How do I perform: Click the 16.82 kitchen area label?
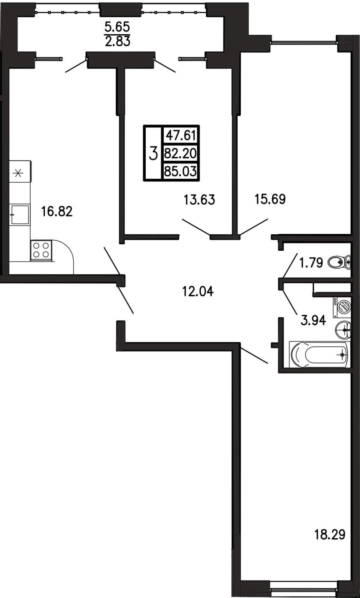pyautogui.click(x=57, y=212)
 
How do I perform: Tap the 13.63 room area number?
pyautogui.click(x=199, y=200)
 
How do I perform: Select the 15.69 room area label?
pyautogui.click(x=270, y=199)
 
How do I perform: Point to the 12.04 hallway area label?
pyautogui.click(x=198, y=291)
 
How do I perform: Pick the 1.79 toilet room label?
pyautogui.click(x=311, y=263)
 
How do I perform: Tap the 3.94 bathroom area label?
pyautogui.click(x=313, y=320)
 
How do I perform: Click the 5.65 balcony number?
pyautogui.click(x=117, y=27)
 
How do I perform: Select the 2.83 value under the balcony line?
pyautogui.click(x=118, y=42)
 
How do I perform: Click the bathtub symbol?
pyautogui.click(x=319, y=354)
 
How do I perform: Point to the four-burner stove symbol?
pyautogui.click(x=41, y=250)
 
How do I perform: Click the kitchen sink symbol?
pyautogui.click(x=19, y=215)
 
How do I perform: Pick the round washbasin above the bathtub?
pyautogui.click(x=342, y=330)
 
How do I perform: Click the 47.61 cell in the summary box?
pyautogui.click(x=181, y=136)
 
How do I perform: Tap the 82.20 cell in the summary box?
pyautogui.click(x=180, y=153)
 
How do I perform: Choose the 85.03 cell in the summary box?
pyautogui.click(x=180, y=171)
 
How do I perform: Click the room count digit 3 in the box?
pyautogui.click(x=153, y=154)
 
